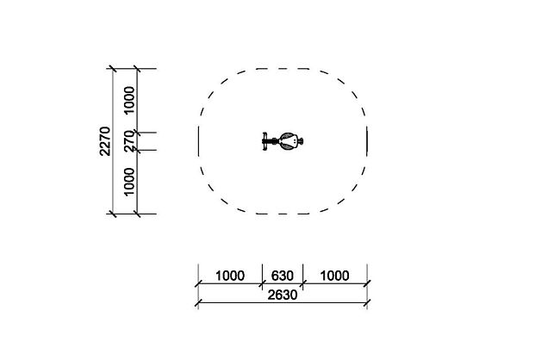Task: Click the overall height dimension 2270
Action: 105,141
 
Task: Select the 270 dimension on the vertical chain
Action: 129,141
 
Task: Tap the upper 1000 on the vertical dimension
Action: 129,100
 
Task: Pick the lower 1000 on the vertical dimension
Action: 129,182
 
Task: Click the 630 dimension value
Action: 282,276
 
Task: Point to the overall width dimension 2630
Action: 282,295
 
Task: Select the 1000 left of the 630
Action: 230,276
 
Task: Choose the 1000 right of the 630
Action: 334,276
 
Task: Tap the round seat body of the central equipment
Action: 289,141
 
